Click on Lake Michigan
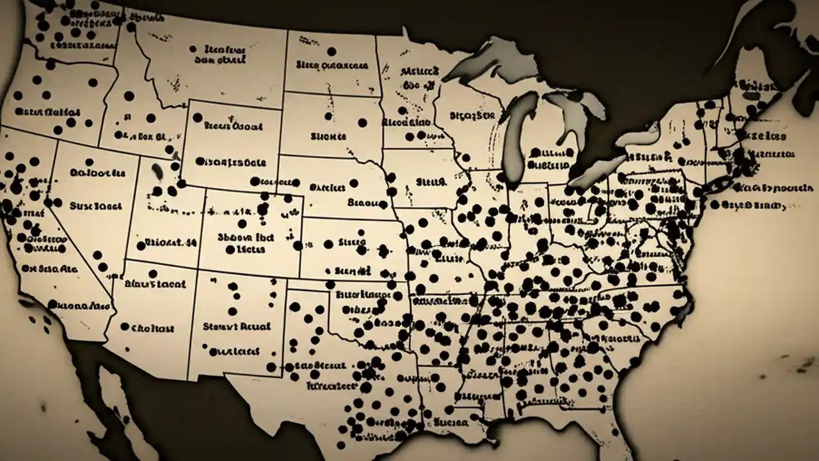point(516,141)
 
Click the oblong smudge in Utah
point(155,171)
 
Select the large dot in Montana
point(193,48)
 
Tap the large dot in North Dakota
point(331,51)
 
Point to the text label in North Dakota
point(331,65)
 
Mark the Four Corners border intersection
point(195,270)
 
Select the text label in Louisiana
point(451,423)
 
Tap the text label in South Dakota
point(328,136)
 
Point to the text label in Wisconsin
point(472,115)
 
